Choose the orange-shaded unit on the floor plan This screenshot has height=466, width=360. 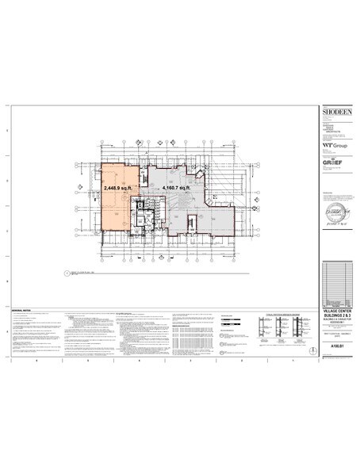tap(117, 202)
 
